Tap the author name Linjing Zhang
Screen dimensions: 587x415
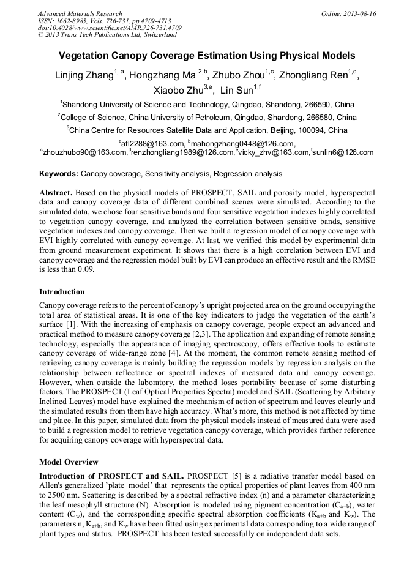tap(82, 76)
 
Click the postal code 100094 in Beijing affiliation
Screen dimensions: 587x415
tap(283, 130)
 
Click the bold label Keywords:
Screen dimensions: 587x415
tap(59, 174)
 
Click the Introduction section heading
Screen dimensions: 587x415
tap(62, 291)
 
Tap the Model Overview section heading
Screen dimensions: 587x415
tap(68, 462)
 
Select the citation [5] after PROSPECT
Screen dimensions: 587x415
tap(234, 476)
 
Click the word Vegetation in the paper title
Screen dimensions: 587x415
tap(83, 56)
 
